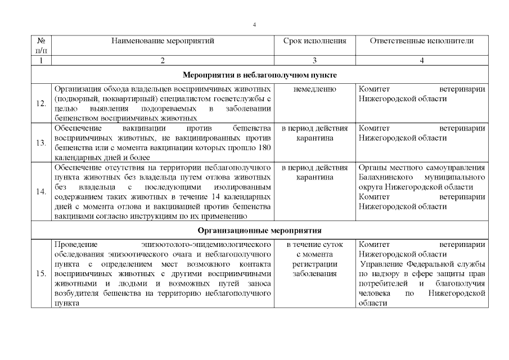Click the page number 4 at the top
tap(255, 25)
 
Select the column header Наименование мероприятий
tap(163, 41)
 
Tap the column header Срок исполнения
tap(314, 41)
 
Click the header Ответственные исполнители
tap(422, 41)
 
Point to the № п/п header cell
tap(40, 46)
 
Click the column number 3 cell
tap(314, 60)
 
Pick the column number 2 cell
tap(163, 60)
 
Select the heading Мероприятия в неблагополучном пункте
tap(260, 75)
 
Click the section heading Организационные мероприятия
tap(259, 230)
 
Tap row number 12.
tap(40, 103)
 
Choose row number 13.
tap(40, 143)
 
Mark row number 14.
tap(40, 192)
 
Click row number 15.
tap(40, 274)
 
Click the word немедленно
tap(314, 89)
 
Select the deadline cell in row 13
tap(314, 133)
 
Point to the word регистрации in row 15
tap(314, 264)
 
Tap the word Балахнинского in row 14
tap(384, 177)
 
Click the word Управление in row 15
tap(384, 264)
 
